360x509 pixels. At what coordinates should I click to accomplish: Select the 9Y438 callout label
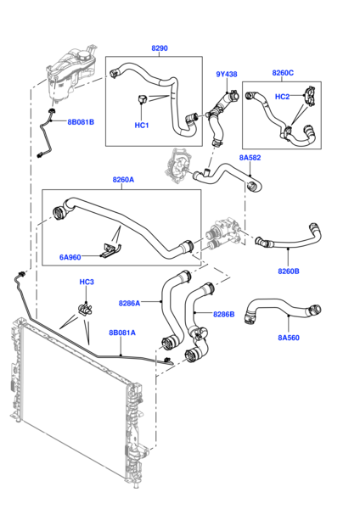227,74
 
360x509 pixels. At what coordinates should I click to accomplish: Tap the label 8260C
283,74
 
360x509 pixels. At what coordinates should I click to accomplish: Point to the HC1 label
142,126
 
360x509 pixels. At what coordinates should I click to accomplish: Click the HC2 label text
282,96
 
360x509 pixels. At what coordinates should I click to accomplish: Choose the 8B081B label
81,121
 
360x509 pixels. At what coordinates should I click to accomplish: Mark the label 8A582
250,158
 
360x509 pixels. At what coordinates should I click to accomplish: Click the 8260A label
123,180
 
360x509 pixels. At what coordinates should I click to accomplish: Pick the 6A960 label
71,256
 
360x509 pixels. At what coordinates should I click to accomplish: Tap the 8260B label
289,271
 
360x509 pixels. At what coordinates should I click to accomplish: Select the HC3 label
87,282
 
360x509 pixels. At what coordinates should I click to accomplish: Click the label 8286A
129,301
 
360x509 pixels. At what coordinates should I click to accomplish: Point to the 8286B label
223,314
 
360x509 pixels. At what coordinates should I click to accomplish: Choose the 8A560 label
290,338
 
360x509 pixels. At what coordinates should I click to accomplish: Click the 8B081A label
121,333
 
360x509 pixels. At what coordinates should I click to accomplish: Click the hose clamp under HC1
142,103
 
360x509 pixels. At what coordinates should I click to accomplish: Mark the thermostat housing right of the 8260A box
222,231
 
